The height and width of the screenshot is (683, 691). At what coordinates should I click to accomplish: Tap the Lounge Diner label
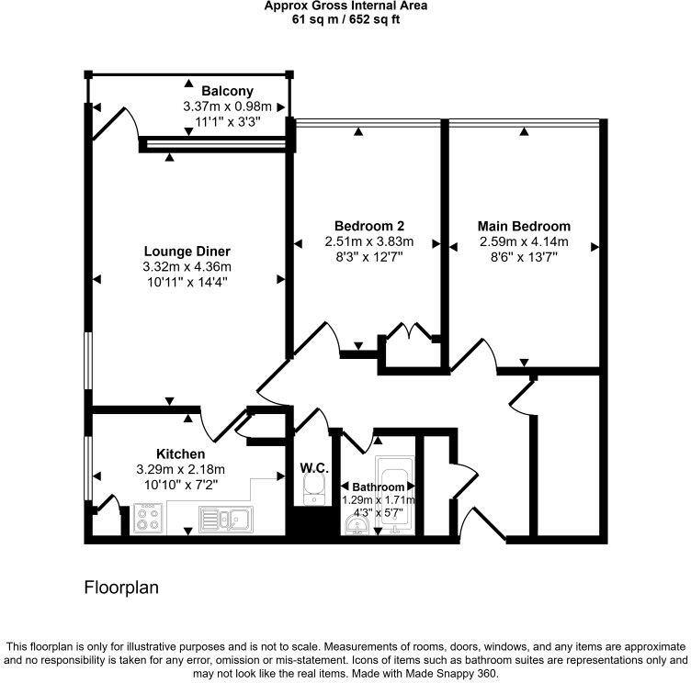point(187,251)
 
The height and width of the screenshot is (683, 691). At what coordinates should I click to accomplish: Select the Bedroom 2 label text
point(369,226)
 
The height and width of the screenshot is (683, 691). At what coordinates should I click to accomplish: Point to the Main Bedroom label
point(524,226)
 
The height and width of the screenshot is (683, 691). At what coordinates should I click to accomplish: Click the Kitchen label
point(180,453)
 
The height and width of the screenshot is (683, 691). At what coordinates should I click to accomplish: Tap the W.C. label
point(314,468)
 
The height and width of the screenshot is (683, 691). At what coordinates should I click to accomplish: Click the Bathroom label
point(378,487)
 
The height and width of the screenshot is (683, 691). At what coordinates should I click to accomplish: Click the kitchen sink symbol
point(225,520)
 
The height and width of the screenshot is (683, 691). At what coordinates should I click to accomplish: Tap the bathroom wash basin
point(357,524)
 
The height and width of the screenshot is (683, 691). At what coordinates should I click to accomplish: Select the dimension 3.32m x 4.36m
point(187,267)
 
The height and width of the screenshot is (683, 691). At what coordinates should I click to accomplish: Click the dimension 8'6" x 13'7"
point(524,258)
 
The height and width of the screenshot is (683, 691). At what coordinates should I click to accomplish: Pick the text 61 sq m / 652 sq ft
point(345,18)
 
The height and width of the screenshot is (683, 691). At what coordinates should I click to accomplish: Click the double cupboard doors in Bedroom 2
point(405,332)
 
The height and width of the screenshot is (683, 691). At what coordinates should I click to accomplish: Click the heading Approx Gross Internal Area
point(345,6)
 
